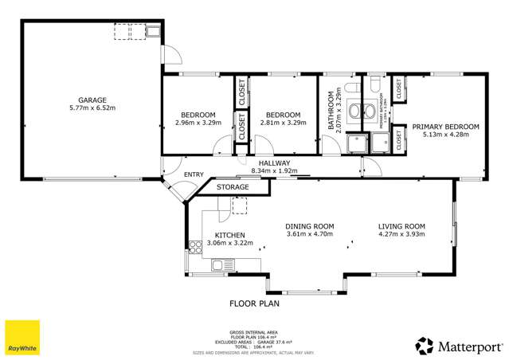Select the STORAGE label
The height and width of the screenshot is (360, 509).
pyautogui.click(x=233, y=187)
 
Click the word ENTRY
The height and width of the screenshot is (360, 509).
pyautogui.click(x=194, y=174)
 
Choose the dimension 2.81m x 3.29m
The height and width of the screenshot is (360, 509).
pyautogui.click(x=283, y=123)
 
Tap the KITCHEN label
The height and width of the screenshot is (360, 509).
pyautogui.click(x=229, y=235)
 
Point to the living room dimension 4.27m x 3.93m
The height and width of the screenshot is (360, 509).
pyautogui.click(x=401, y=234)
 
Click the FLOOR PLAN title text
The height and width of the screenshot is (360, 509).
pyautogui.click(x=255, y=303)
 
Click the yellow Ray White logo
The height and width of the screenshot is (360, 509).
pyautogui.click(x=22, y=338)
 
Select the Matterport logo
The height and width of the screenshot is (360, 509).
pyautogui.click(x=459, y=346)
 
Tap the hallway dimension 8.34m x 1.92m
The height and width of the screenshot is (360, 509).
pyautogui.click(x=273, y=170)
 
